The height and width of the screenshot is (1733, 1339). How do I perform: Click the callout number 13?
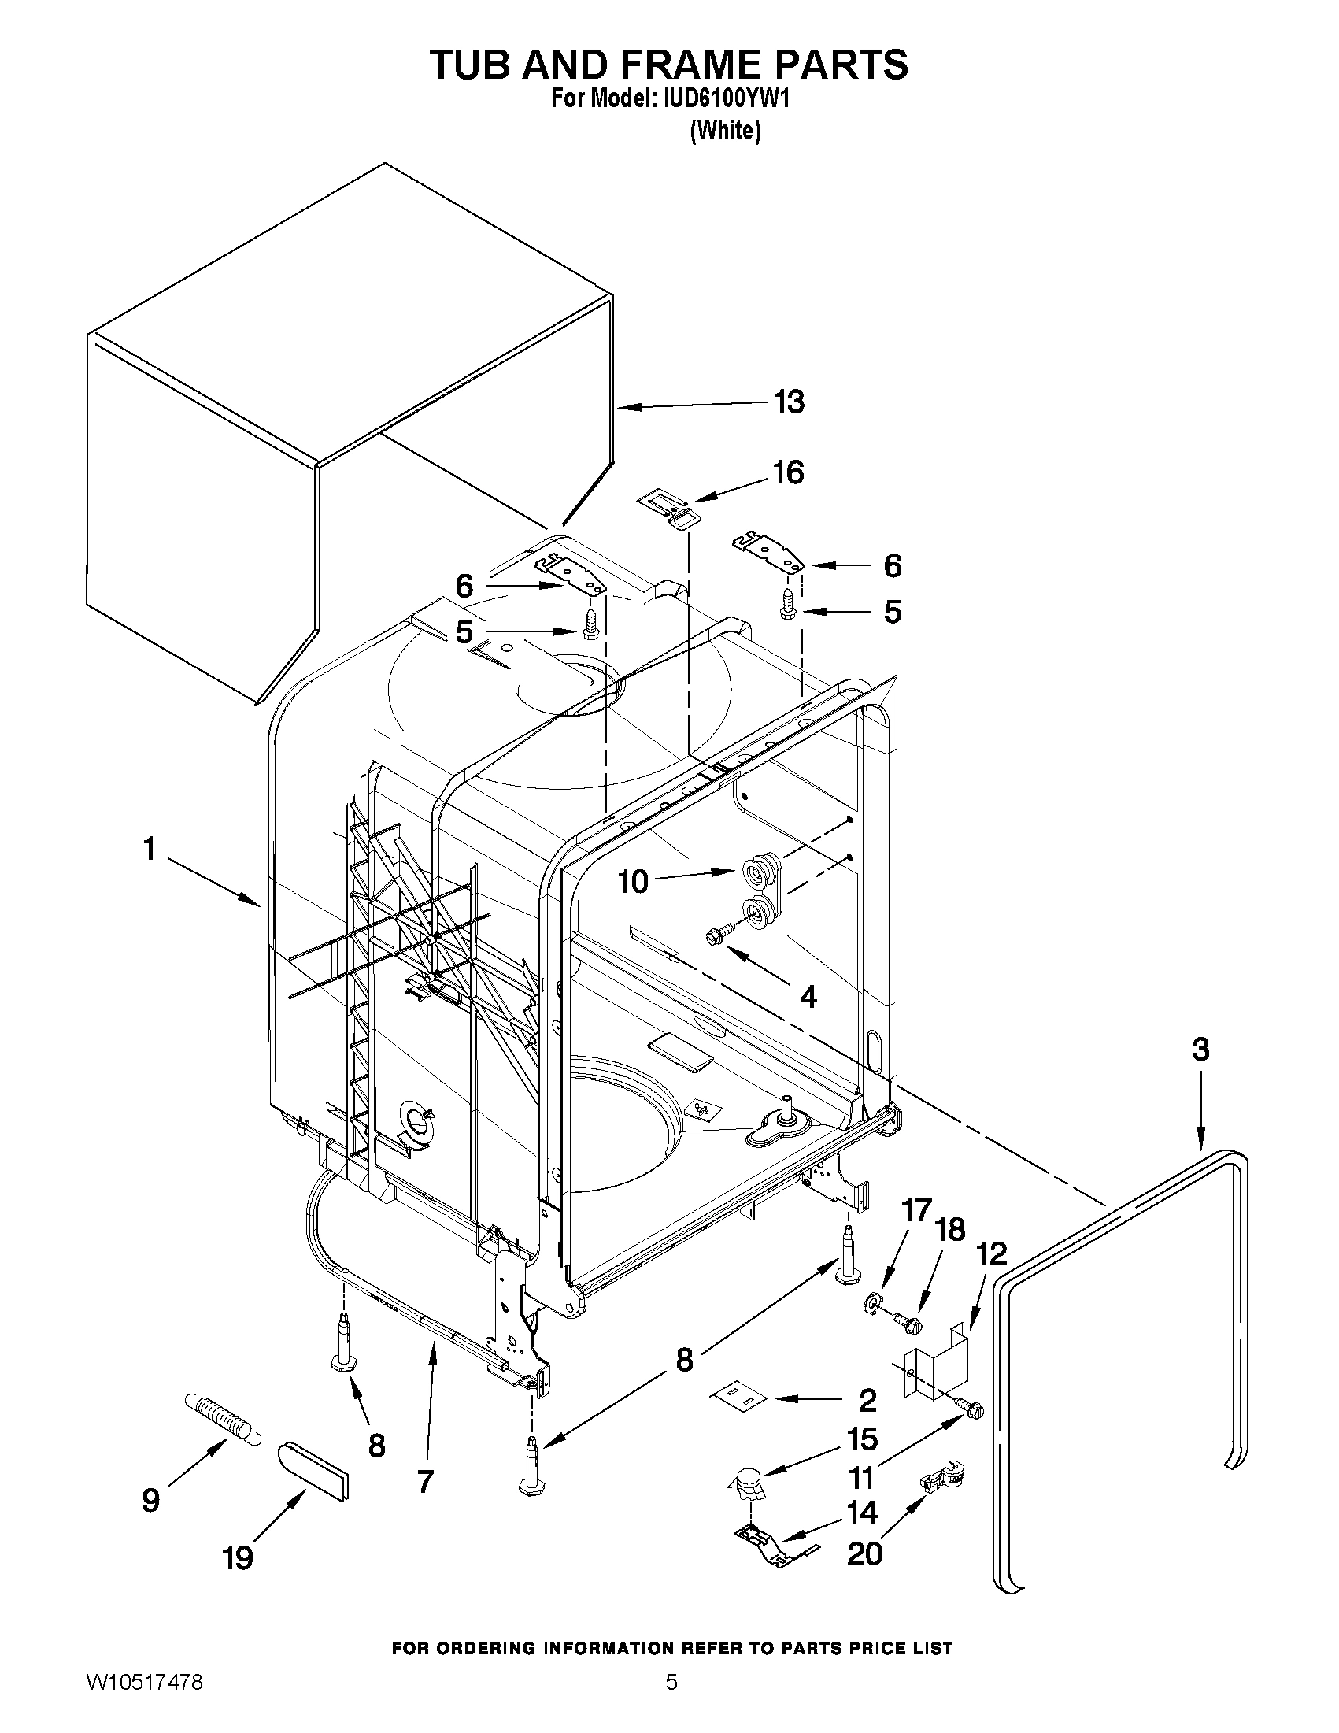point(789,402)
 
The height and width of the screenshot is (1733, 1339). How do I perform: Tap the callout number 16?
point(789,472)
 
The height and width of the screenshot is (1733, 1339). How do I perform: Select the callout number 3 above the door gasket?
point(1200,1049)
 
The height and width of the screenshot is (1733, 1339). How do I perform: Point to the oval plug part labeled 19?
point(313,1470)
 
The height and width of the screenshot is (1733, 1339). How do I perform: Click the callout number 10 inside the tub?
point(633,881)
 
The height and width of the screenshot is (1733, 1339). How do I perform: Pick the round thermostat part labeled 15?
point(746,1481)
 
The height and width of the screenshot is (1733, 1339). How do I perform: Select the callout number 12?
point(991,1253)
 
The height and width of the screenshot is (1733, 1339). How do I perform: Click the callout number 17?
point(915,1211)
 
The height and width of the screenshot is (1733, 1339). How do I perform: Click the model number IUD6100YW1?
point(719,99)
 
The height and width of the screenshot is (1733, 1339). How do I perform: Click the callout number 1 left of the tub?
point(148,849)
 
